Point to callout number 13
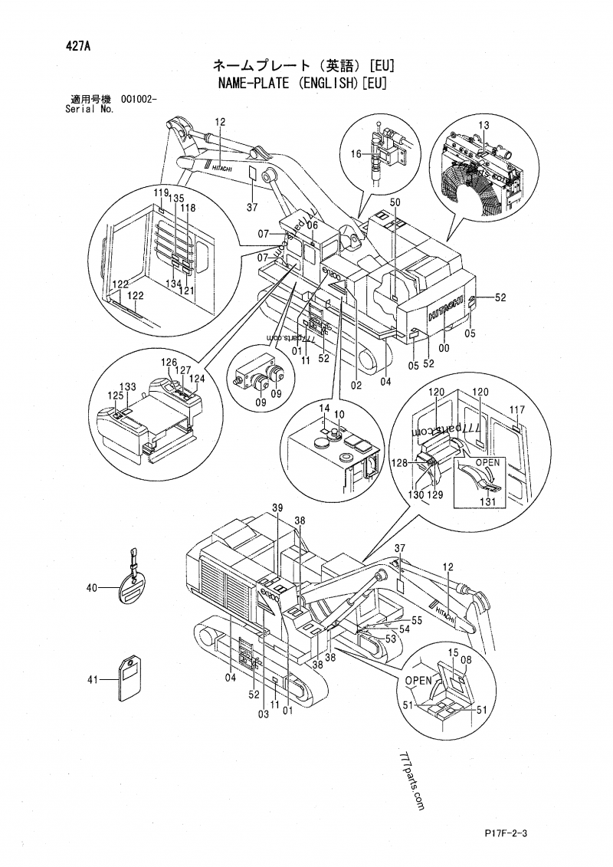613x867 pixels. click(484, 125)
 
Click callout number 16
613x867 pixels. click(356, 154)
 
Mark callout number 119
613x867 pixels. click(160, 192)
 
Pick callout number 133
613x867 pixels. click(129, 386)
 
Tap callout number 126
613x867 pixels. click(169, 362)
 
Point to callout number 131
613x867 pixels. click(488, 502)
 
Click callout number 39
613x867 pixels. click(277, 508)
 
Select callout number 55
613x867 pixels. click(417, 620)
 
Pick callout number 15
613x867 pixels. click(452, 652)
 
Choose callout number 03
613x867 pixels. click(263, 714)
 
